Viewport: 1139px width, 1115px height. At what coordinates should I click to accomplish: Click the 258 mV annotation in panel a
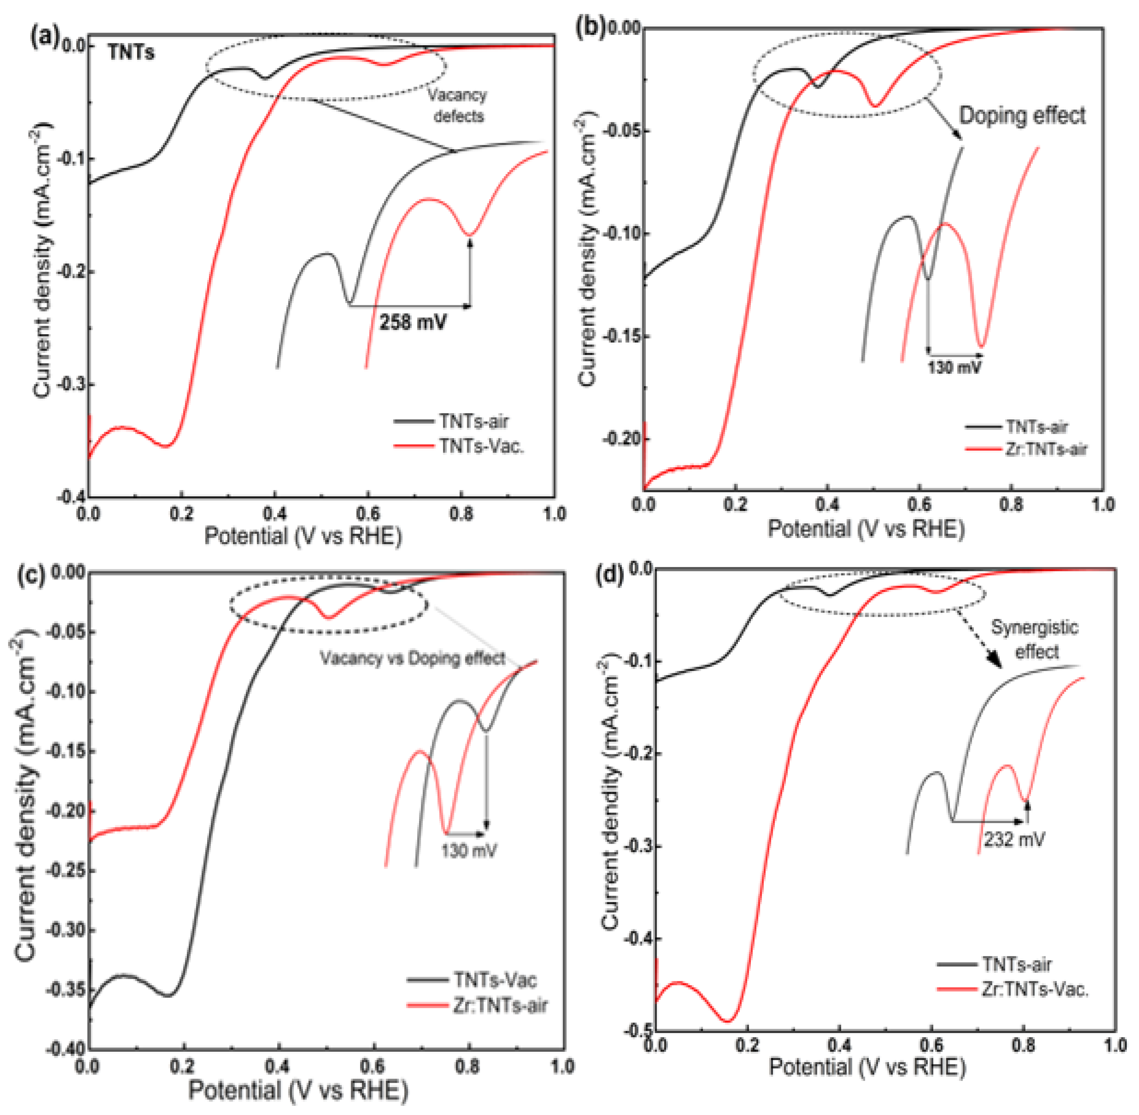click(413, 322)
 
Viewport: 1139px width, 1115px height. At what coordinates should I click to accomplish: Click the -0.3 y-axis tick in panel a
click(70, 385)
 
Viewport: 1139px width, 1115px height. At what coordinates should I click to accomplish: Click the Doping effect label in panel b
click(1021, 115)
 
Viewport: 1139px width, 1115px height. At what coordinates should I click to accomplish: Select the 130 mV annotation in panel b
click(954, 367)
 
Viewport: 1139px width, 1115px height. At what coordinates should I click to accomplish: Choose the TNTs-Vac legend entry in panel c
click(495, 979)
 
